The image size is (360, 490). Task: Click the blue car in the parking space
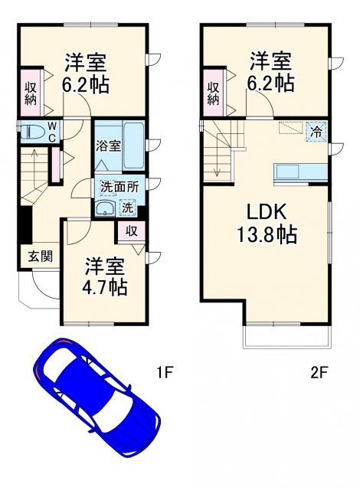96,396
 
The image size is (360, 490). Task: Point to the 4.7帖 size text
105,288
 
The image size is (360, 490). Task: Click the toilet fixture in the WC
31,132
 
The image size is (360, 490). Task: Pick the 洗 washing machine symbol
127,207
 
